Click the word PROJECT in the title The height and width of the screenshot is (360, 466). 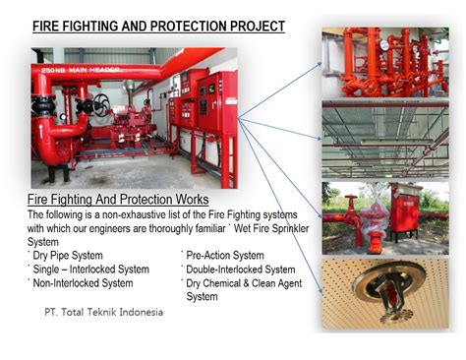click(x=250, y=26)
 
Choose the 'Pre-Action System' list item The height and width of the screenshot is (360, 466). click(x=223, y=255)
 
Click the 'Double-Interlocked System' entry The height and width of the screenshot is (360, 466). click(x=239, y=269)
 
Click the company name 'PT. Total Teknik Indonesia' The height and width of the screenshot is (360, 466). click(x=103, y=312)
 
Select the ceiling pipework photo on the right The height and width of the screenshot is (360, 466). click(x=384, y=139)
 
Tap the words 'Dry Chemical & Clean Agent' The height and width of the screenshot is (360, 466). click(x=242, y=283)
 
